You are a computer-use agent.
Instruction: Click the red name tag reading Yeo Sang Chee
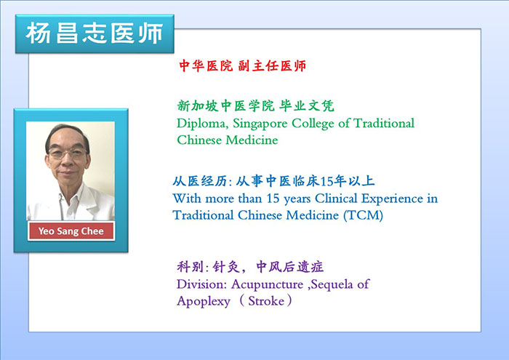(71, 231)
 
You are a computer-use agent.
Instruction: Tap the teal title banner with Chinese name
(95, 33)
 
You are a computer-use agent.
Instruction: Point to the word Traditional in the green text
(384, 124)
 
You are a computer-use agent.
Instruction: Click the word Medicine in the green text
(252, 140)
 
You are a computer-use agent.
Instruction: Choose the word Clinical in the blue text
(336, 199)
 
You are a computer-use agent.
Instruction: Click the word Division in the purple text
(201, 284)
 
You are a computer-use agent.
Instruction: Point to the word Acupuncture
(267, 285)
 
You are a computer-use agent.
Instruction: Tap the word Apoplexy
(204, 302)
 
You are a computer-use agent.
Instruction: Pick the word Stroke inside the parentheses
(266, 301)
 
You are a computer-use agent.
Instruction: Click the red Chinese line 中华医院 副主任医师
(242, 66)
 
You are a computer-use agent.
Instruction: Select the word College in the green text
(313, 124)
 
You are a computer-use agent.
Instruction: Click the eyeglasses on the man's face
(68, 153)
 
